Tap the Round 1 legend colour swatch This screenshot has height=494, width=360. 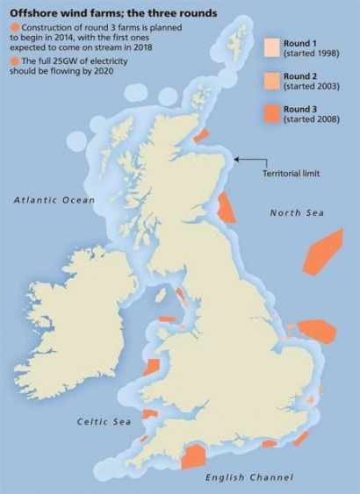[272, 47]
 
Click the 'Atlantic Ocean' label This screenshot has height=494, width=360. [54, 201]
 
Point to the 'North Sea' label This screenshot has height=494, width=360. [297, 213]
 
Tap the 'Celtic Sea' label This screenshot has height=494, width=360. [104, 422]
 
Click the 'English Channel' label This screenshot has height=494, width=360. [249, 477]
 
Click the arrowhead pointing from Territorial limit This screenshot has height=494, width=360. [238, 160]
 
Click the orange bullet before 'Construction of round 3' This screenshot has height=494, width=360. [15, 30]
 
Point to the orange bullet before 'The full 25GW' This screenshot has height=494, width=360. [15, 62]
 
